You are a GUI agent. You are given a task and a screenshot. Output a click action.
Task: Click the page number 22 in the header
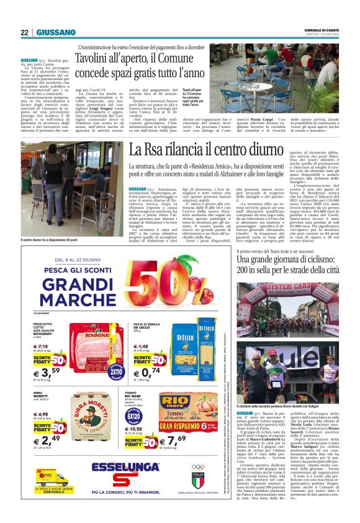tap(25, 33)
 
